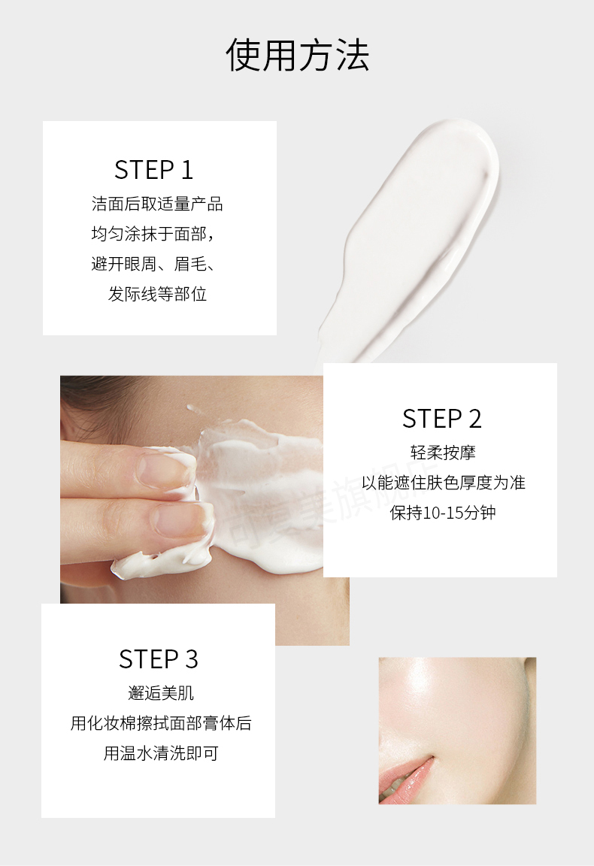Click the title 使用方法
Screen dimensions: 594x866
[x=297, y=55]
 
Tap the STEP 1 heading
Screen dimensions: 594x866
[x=153, y=170]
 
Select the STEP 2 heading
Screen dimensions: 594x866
[x=441, y=419]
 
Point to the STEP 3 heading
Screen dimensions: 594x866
[x=158, y=659]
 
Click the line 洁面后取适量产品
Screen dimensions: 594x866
[x=157, y=204]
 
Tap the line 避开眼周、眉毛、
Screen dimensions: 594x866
[x=153, y=264]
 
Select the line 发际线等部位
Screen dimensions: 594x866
[x=157, y=294]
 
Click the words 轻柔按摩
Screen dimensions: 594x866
[x=443, y=453]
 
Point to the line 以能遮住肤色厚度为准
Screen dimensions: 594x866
[x=443, y=482]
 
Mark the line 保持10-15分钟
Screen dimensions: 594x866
[x=443, y=513]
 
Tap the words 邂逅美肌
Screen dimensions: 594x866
[x=161, y=692]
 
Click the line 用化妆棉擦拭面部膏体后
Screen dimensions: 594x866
[x=161, y=723]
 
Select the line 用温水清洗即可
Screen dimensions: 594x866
[x=161, y=752]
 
